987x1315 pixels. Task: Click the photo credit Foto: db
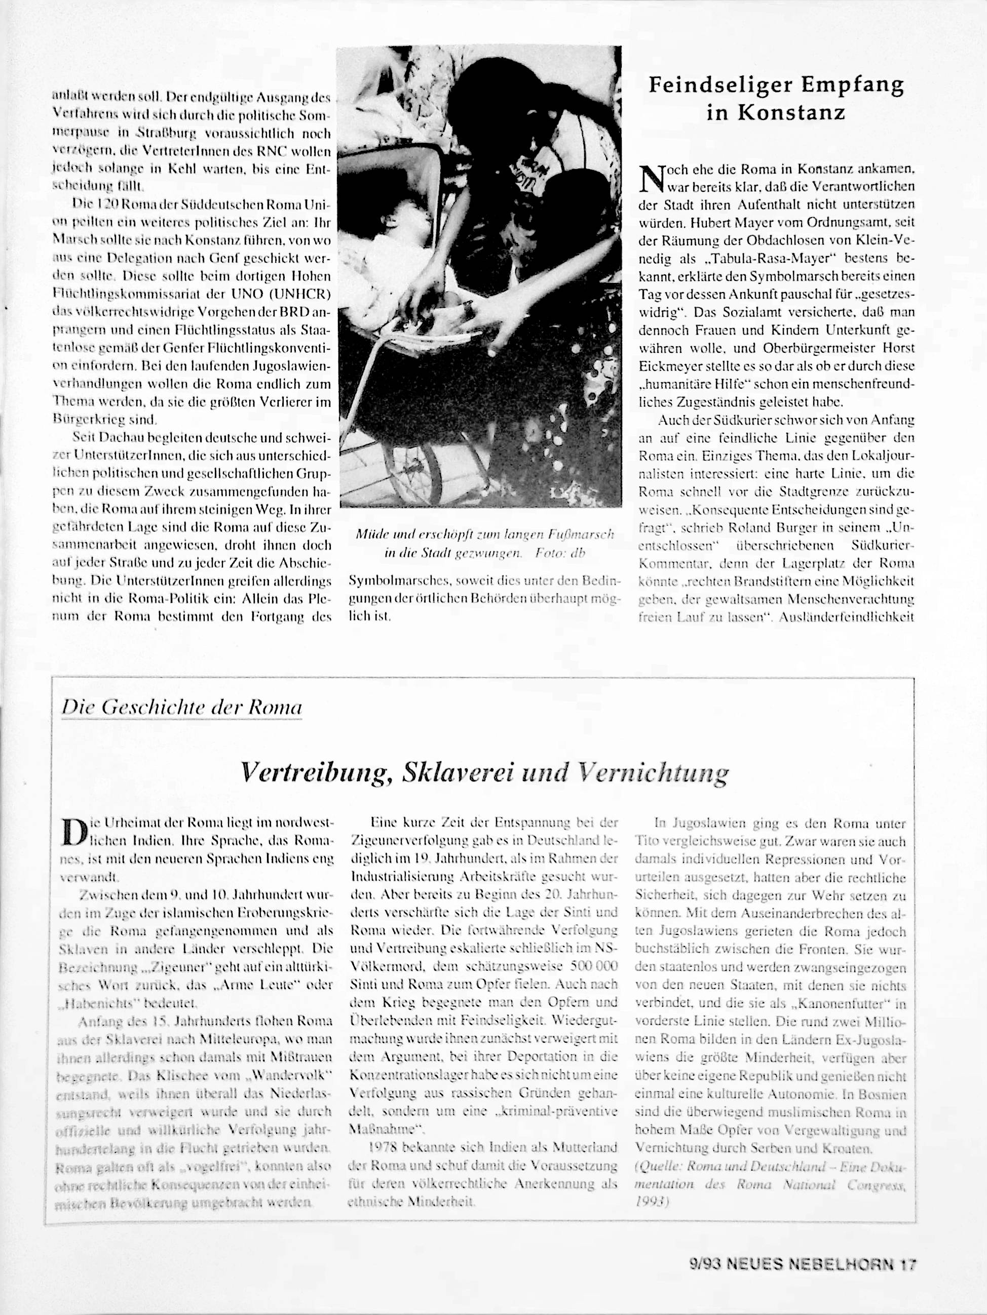tap(560, 553)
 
